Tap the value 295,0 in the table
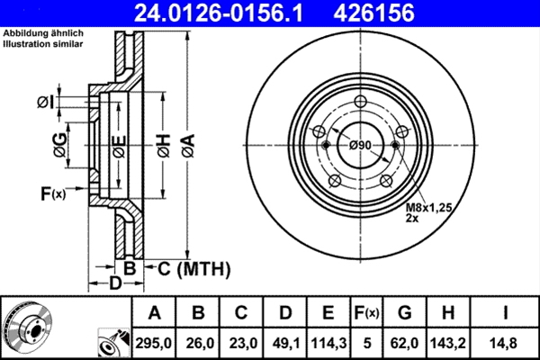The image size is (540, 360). [x=154, y=342]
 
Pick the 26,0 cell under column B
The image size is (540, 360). [x=198, y=342]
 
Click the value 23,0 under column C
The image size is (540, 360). [x=241, y=342]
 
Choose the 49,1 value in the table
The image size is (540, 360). [x=284, y=342]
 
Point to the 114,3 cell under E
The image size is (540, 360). [x=328, y=342]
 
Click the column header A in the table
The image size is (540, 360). [x=154, y=313]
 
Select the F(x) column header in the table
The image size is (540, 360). [x=369, y=313]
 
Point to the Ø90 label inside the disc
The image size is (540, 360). [x=360, y=145]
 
